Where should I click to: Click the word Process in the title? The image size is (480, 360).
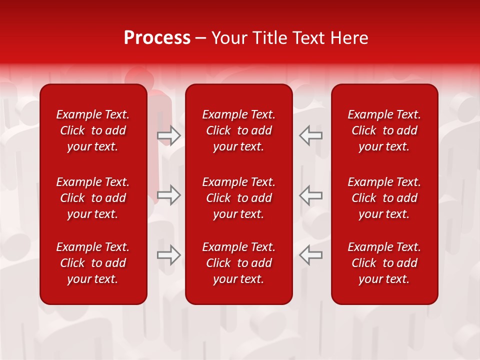[157, 38]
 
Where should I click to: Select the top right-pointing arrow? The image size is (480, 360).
[169, 135]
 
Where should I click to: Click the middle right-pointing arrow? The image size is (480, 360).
[169, 195]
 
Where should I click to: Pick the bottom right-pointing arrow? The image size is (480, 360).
[169, 254]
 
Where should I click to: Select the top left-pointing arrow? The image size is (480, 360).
[310, 135]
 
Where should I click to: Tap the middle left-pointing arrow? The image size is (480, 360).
[310, 195]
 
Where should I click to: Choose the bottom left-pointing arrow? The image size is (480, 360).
[310, 254]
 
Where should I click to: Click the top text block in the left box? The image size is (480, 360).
[93, 130]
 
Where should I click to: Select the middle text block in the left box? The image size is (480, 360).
[93, 198]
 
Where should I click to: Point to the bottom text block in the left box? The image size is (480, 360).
[93, 263]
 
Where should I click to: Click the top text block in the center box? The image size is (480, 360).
[238, 130]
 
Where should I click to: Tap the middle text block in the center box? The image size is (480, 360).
[238, 198]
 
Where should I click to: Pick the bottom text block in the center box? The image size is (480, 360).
[238, 263]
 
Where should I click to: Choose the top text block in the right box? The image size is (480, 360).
[384, 130]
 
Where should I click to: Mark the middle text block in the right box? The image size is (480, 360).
[384, 198]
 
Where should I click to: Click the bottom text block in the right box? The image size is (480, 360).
[384, 263]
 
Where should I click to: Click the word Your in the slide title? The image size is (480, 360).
[227, 38]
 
